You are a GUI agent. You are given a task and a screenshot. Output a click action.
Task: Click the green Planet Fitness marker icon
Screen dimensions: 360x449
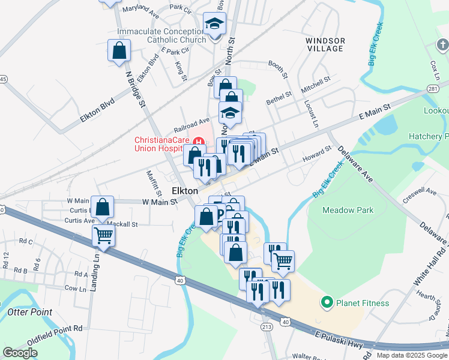coord(327,302)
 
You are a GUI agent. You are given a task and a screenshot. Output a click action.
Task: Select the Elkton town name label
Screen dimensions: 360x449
coord(185,190)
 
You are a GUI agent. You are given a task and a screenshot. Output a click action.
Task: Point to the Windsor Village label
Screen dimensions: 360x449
coord(325,44)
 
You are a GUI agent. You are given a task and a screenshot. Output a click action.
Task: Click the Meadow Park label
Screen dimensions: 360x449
coord(348,210)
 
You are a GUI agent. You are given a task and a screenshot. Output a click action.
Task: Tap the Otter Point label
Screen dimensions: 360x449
coord(29,312)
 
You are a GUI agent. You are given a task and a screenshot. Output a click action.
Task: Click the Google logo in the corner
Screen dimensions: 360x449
coord(20,353)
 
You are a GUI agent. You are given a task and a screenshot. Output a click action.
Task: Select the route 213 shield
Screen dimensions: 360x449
coord(267,327)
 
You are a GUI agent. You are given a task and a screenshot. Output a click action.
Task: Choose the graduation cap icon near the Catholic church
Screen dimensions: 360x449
coord(214,23)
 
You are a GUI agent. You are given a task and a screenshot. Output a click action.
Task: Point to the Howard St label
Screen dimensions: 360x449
coord(316,154)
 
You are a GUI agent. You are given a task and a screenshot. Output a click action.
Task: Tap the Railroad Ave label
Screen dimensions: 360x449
coord(191,125)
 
